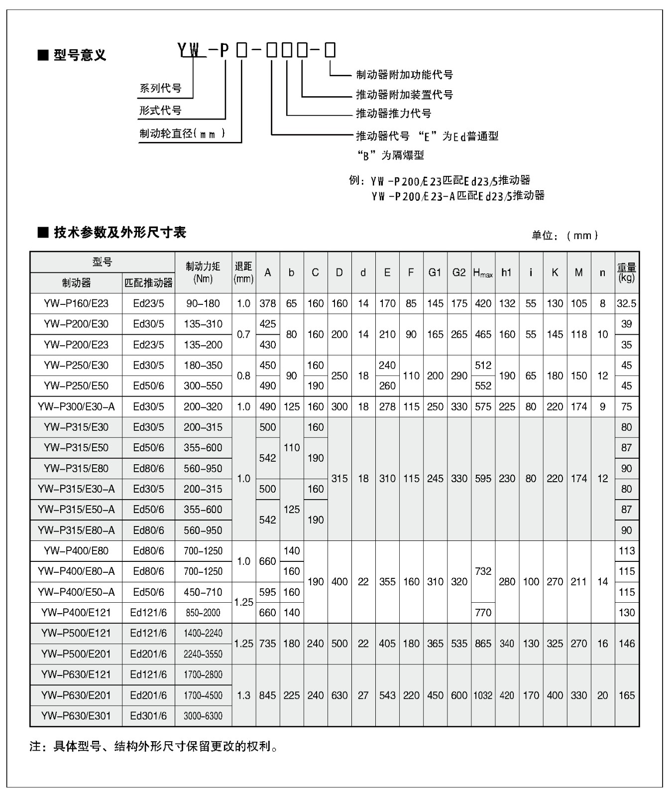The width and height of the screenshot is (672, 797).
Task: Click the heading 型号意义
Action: (x=80, y=55)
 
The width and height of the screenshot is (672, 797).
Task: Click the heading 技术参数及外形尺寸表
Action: (x=119, y=233)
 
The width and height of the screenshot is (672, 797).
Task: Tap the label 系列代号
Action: (x=160, y=88)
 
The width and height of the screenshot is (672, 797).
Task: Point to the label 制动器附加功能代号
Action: (x=404, y=75)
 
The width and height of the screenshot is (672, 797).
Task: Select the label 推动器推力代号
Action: (x=393, y=114)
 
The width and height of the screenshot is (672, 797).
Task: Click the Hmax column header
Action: (x=483, y=272)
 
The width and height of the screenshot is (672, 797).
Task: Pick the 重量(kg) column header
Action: (x=627, y=272)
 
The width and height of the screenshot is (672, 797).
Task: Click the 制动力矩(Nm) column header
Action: (x=203, y=272)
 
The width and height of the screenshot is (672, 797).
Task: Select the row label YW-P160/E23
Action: (x=76, y=303)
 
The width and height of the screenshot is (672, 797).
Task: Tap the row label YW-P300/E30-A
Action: (x=76, y=406)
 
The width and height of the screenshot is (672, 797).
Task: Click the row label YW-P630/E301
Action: (x=76, y=716)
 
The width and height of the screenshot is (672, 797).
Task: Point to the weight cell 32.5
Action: (x=627, y=303)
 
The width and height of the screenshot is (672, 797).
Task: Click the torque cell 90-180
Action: (x=203, y=303)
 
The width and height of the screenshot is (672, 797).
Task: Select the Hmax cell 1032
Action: (x=483, y=695)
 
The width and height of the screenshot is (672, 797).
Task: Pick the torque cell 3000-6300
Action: (x=203, y=716)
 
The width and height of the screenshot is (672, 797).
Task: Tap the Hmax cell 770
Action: (x=483, y=613)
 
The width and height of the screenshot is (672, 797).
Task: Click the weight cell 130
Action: (x=627, y=613)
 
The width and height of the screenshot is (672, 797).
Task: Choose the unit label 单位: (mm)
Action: (x=565, y=236)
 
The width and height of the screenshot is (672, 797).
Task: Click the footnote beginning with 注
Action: (x=154, y=746)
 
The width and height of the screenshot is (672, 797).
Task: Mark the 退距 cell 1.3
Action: (x=243, y=695)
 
